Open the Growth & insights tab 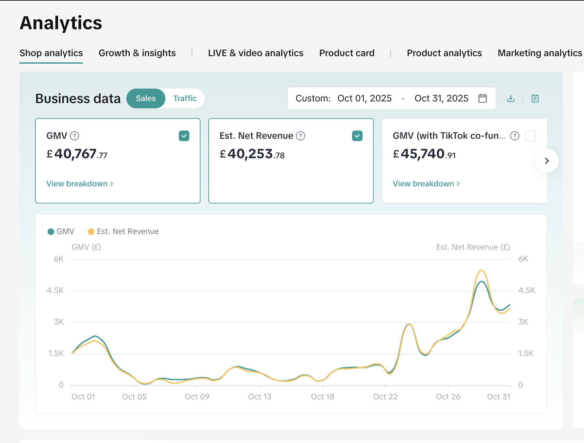(137, 53)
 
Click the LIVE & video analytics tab (256, 53)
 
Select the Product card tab (347, 53)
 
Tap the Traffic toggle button (185, 98)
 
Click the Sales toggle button (146, 98)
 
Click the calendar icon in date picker (482, 98)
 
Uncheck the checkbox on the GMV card (184, 136)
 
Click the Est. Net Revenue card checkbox (357, 136)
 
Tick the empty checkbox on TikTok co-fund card (530, 136)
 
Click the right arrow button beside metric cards (547, 161)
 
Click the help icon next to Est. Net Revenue (301, 136)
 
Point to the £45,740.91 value (424, 154)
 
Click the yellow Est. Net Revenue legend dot (91, 232)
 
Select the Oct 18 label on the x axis (323, 397)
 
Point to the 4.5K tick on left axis (55, 290)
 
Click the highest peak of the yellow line (481, 270)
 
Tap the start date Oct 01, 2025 (365, 98)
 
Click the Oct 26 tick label (448, 397)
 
